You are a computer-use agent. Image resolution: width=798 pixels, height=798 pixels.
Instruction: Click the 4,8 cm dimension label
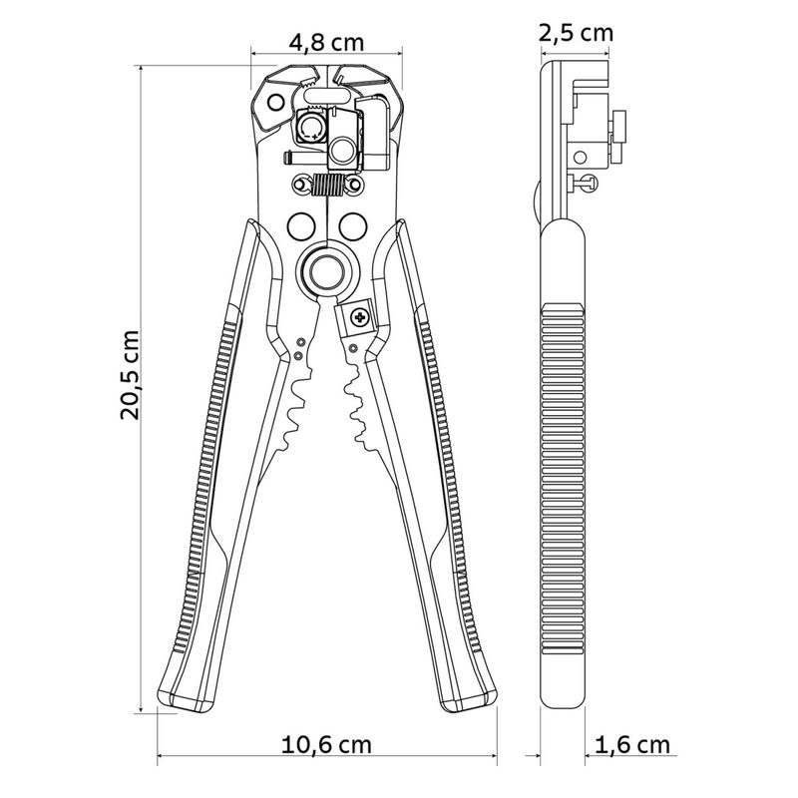tap(326, 42)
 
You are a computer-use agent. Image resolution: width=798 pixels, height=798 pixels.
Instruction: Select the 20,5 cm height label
tap(130, 375)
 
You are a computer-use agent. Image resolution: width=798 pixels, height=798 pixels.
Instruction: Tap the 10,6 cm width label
tap(326, 745)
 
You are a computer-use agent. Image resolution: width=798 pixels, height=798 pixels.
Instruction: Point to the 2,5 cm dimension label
tap(577, 33)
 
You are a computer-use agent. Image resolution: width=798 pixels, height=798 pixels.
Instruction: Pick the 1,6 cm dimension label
tap(632, 745)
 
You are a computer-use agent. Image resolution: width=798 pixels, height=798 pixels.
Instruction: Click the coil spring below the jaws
tap(326, 185)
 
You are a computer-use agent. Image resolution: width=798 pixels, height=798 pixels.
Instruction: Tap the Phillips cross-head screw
tap(360, 318)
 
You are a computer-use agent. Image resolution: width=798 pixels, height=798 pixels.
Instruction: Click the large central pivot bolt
tap(326, 270)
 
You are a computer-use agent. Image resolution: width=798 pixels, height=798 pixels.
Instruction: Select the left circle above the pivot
tap(301, 226)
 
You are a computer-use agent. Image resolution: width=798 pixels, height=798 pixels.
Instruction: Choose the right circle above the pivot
tap(353, 226)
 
